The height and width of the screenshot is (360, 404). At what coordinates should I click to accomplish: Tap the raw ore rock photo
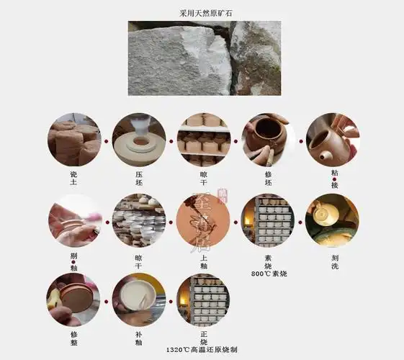(204, 58)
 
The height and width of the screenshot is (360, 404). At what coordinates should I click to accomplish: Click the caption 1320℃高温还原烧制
(202, 350)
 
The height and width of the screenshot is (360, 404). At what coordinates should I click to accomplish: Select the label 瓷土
(73, 179)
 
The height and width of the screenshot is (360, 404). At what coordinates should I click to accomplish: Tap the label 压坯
(139, 179)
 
